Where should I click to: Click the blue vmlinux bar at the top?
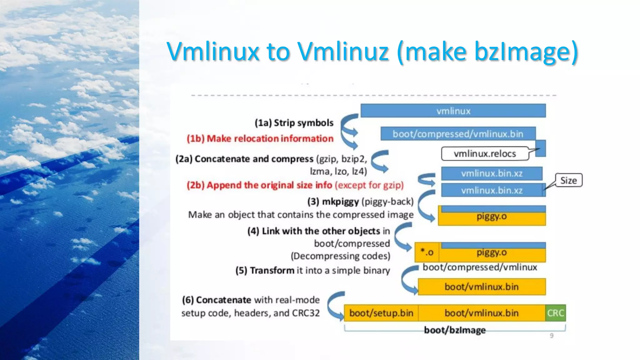click(x=453, y=111)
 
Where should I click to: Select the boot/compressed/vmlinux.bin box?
click(x=458, y=134)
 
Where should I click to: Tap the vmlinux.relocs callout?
click(x=485, y=154)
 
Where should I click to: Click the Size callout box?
click(x=568, y=180)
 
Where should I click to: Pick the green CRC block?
click(x=555, y=313)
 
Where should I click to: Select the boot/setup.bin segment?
click(x=381, y=313)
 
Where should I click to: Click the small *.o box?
click(x=427, y=252)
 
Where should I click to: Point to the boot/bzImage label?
click(x=455, y=330)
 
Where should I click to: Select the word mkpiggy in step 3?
click(x=340, y=202)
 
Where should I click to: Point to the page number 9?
click(x=552, y=336)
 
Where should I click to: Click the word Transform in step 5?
click(x=272, y=270)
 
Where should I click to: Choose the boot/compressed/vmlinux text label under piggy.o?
click(x=480, y=267)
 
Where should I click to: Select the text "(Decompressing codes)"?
click(x=340, y=256)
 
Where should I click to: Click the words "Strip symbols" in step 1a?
click(x=303, y=123)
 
